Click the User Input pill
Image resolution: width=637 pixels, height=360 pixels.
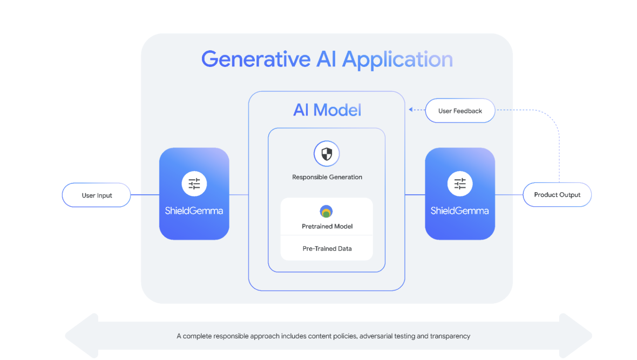[97, 195]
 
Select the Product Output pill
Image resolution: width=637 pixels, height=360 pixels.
[557, 195]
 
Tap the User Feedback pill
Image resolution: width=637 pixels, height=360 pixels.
[460, 111]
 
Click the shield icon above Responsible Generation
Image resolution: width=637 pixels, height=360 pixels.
[327, 154]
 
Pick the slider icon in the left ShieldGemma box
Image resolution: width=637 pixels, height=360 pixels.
[194, 184]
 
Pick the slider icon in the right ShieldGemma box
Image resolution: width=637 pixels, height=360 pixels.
[460, 184]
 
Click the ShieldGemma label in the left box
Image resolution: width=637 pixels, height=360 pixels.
[194, 211]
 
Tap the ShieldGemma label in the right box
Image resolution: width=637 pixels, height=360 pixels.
[460, 211]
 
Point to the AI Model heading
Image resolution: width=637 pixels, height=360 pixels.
[327, 110]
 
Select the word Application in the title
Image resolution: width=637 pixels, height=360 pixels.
[398, 60]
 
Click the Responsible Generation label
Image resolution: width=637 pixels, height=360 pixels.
[327, 177]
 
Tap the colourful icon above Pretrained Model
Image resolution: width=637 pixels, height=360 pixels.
[327, 212]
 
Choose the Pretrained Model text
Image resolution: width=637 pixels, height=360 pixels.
[327, 226]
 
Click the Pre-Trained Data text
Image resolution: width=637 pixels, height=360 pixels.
[327, 249]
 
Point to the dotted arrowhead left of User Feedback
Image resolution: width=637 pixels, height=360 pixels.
[410, 110]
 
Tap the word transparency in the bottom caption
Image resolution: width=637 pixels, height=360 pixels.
[450, 336]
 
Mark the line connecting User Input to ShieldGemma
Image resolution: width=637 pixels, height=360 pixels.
[145, 195]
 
